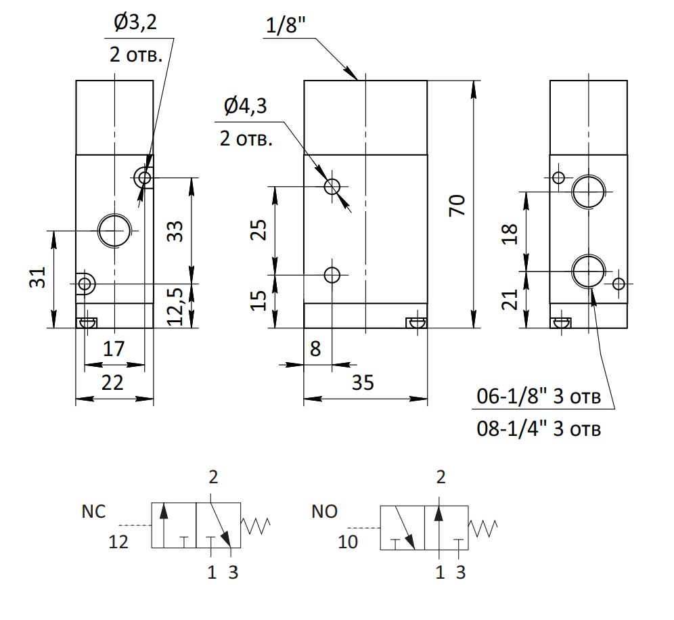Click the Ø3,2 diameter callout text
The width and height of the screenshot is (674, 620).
point(135,23)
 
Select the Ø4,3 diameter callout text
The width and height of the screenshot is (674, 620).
point(246,106)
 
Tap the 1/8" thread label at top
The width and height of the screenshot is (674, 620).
point(286,25)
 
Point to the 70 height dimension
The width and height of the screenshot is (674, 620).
point(457,205)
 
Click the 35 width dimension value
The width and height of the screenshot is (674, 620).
point(363,382)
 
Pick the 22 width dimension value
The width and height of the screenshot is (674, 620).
point(112,382)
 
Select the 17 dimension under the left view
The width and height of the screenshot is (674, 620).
point(114,349)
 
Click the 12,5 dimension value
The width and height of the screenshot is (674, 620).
point(175,307)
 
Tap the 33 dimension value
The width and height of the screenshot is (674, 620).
point(175,231)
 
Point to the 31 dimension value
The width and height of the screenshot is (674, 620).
point(37,278)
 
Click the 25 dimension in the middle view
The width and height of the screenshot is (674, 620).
point(259,230)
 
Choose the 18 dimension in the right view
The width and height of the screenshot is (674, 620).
point(510,234)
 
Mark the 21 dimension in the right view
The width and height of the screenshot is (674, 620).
point(510,299)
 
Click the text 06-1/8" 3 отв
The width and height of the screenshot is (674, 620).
point(539,397)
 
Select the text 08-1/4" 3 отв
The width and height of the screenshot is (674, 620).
point(539,428)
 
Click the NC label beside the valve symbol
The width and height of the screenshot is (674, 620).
point(93,512)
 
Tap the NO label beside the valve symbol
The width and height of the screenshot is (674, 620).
point(325,512)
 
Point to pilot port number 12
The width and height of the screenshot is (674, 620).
point(118,541)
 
